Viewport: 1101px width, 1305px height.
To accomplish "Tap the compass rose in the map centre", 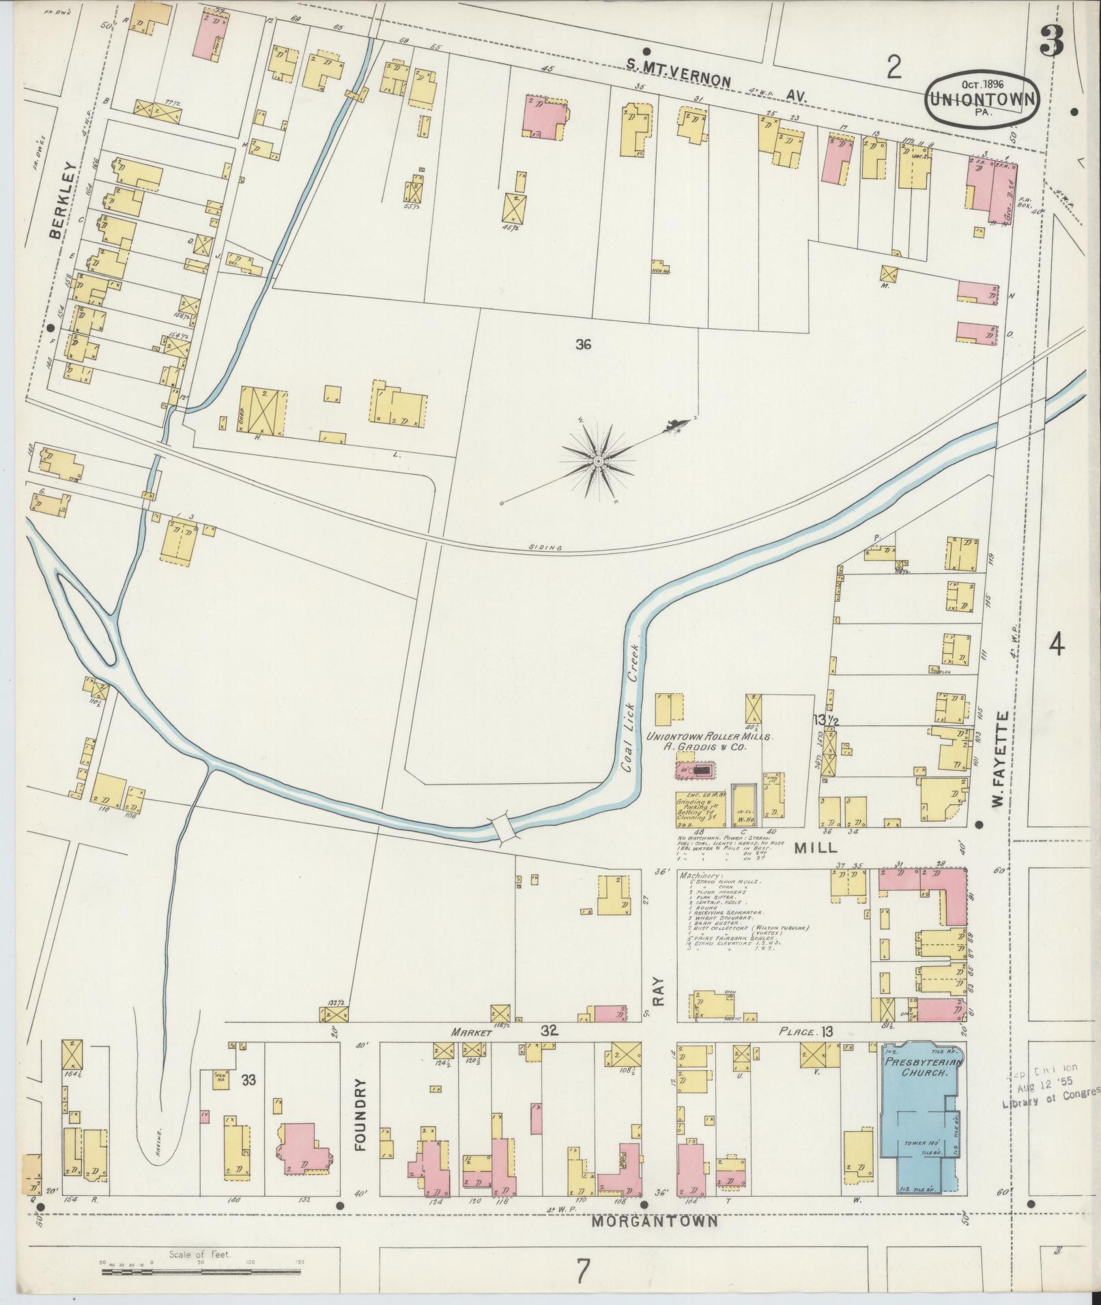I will [598, 462].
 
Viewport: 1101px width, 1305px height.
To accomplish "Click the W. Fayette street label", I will [1001, 758].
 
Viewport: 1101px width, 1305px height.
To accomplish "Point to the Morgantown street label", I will [655, 1221].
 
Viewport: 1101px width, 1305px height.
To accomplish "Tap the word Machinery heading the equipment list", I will [700, 875].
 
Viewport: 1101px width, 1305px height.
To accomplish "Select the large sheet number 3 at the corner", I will [1051, 41].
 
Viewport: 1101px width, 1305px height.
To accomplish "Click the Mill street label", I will [816, 848].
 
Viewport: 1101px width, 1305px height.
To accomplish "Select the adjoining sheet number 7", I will [582, 1270].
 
